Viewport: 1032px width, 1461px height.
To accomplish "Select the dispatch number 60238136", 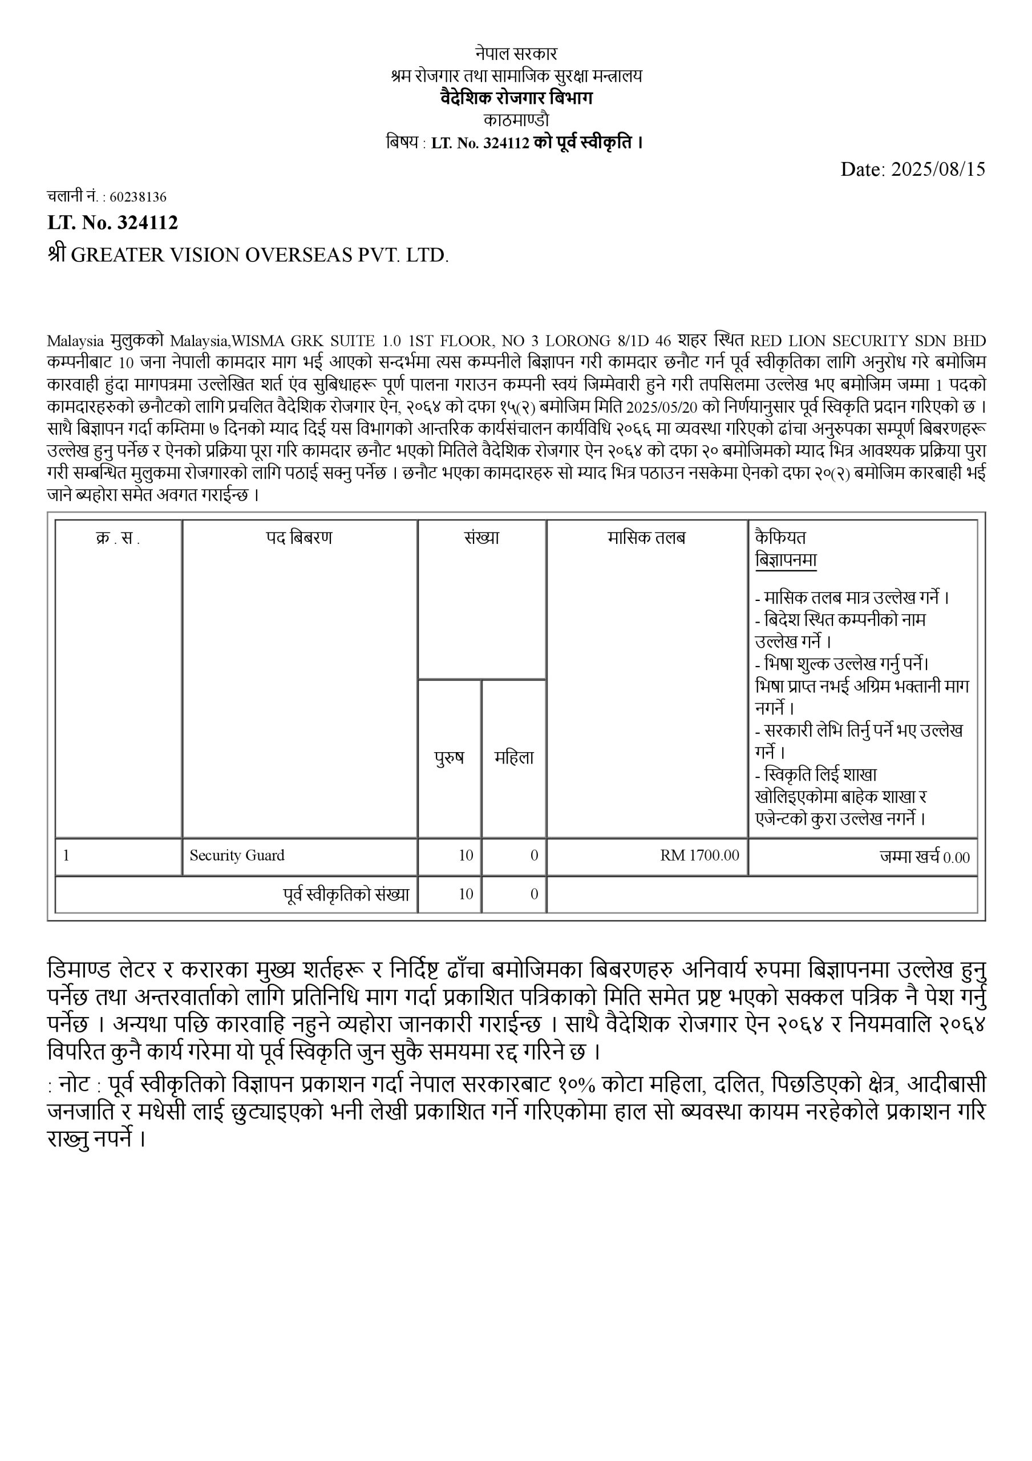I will (138, 197).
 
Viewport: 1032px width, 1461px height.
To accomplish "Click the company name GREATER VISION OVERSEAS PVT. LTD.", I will (260, 255).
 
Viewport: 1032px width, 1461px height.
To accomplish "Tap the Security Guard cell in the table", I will (237, 855).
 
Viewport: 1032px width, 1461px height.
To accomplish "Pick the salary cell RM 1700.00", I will (699, 855).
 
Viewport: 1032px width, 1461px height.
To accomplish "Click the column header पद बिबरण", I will (299, 538).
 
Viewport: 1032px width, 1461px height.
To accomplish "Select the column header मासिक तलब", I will (646, 538).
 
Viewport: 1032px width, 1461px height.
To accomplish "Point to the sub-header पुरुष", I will (449, 757).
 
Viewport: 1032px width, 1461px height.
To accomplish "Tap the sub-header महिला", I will (514, 757).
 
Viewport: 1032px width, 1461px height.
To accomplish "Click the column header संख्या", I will (481, 538).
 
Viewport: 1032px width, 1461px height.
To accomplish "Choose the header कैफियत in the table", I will (780, 537).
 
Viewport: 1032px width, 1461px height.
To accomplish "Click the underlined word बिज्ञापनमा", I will (786, 560).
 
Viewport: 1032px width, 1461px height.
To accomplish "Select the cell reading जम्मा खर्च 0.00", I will (925, 857).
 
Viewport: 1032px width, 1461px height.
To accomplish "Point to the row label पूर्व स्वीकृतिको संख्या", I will (346, 894).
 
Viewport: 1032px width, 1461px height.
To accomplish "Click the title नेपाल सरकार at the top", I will (516, 54).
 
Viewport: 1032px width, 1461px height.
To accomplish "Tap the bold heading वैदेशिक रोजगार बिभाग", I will (516, 98).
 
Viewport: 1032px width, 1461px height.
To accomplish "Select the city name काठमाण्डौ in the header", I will (516, 120).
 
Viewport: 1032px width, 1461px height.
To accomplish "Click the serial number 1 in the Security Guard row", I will (66, 855).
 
